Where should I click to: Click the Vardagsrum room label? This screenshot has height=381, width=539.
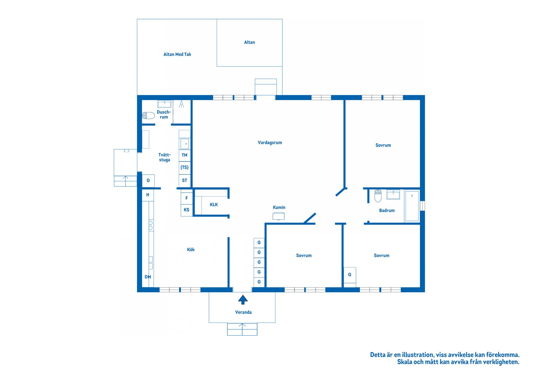pyautogui.click(x=269, y=143)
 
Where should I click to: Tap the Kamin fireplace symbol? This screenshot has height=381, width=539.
pyautogui.click(x=278, y=216)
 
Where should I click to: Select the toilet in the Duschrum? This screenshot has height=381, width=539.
pyautogui.click(x=149, y=115)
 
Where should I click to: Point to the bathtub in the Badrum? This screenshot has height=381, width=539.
pyautogui.click(x=412, y=206)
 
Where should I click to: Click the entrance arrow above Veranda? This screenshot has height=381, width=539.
pyautogui.click(x=243, y=300)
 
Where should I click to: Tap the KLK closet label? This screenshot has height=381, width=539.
pyautogui.click(x=214, y=205)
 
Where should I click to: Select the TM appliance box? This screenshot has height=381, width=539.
pyautogui.click(x=184, y=155)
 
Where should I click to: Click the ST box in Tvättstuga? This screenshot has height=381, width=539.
pyautogui.click(x=184, y=181)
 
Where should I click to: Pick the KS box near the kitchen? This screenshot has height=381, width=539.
pyautogui.click(x=186, y=210)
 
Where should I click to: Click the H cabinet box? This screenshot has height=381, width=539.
pyautogui.click(x=148, y=195)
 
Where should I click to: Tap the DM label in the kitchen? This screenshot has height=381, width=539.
pyautogui.click(x=148, y=277)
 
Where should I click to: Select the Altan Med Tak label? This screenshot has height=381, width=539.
pyautogui.click(x=177, y=54)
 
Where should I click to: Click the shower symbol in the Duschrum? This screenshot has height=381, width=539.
pyautogui.click(x=181, y=104)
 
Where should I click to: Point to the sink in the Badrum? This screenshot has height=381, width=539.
pyautogui.click(x=393, y=194)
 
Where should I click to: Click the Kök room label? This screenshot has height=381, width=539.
pyautogui.click(x=191, y=250)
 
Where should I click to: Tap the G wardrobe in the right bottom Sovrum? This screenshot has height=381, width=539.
pyautogui.click(x=350, y=275)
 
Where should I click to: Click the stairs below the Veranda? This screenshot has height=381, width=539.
pyautogui.click(x=242, y=329)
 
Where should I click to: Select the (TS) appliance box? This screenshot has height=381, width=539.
pyautogui.click(x=184, y=168)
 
